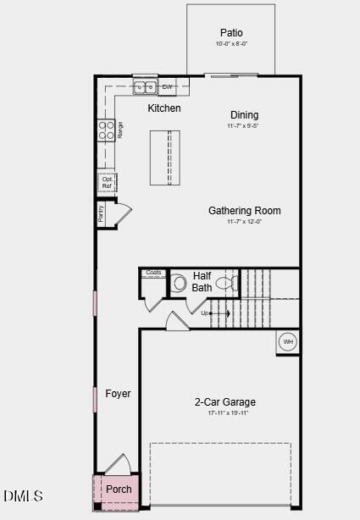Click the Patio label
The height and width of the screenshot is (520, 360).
coord(231,33)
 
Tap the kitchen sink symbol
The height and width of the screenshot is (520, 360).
coord(145,86)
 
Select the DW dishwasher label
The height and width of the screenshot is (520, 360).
coord(167,87)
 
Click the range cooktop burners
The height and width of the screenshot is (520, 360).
coord(107,130)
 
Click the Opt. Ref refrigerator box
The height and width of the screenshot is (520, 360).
coord(107,182)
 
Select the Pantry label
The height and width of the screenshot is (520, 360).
coord(101,213)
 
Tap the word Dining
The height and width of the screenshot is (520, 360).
coord(244,115)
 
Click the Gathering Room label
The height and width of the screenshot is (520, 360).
coord(245,211)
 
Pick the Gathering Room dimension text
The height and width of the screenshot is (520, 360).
coord(245,222)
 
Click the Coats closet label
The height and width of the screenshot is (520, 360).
coord(153,272)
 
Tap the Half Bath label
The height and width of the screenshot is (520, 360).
coord(202,281)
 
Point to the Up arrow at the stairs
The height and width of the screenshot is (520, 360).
coord(210,313)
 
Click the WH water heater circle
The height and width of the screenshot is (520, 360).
coord(288,341)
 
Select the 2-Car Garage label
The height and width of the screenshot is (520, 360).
coord(225,402)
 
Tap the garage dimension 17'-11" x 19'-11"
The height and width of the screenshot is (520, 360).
coord(225,413)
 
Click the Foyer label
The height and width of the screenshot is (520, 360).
coord(118,394)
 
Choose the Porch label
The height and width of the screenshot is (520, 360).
coord(119,490)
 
